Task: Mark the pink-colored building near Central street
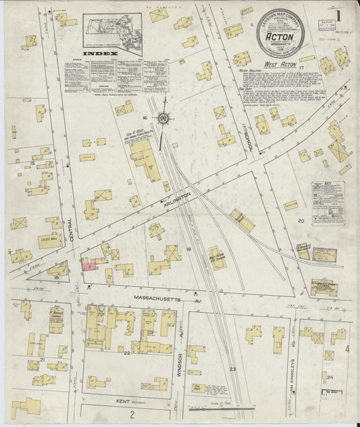pyautogui.click(x=91, y=266)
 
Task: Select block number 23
pyautogui.click(x=232, y=368)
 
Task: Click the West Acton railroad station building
pyautogui.click(x=217, y=258)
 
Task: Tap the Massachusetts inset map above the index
pyautogui.click(x=112, y=30)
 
